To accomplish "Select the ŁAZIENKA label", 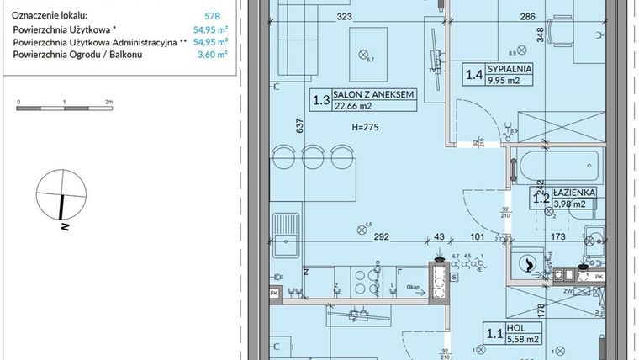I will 574,192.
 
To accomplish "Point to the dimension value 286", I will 527,15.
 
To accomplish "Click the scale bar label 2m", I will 108,101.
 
